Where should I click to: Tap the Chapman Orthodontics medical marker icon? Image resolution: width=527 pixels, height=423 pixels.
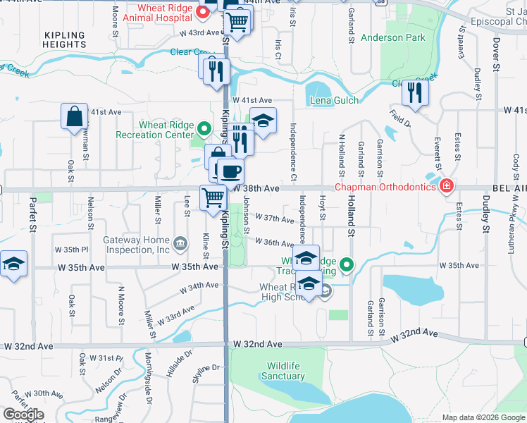pyautogui.click(x=445, y=187)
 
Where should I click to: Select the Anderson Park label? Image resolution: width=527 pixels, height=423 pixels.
pyautogui.click(x=392, y=37)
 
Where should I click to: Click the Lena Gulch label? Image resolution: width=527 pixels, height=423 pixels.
pyautogui.click(x=334, y=101)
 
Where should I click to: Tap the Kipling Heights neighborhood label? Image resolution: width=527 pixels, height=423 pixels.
pyautogui.click(x=64, y=39)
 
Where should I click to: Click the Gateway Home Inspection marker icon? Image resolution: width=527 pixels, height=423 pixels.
pyautogui.click(x=180, y=245)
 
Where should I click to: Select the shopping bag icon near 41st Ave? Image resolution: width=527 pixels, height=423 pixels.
pyautogui.click(x=74, y=117)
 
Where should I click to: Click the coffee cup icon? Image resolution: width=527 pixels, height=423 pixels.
pyautogui.click(x=230, y=171)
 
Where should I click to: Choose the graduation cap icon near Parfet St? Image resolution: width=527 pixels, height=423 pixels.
pyautogui.click(x=13, y=264)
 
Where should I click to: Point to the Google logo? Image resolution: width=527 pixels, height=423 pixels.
pyautogui.click(x=23, y=415)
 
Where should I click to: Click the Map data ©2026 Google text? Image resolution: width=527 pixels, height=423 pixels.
pyautogui.click(x=483, y=417)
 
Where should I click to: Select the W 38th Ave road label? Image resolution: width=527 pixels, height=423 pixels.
pyautogui.click(x=256, y=189)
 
